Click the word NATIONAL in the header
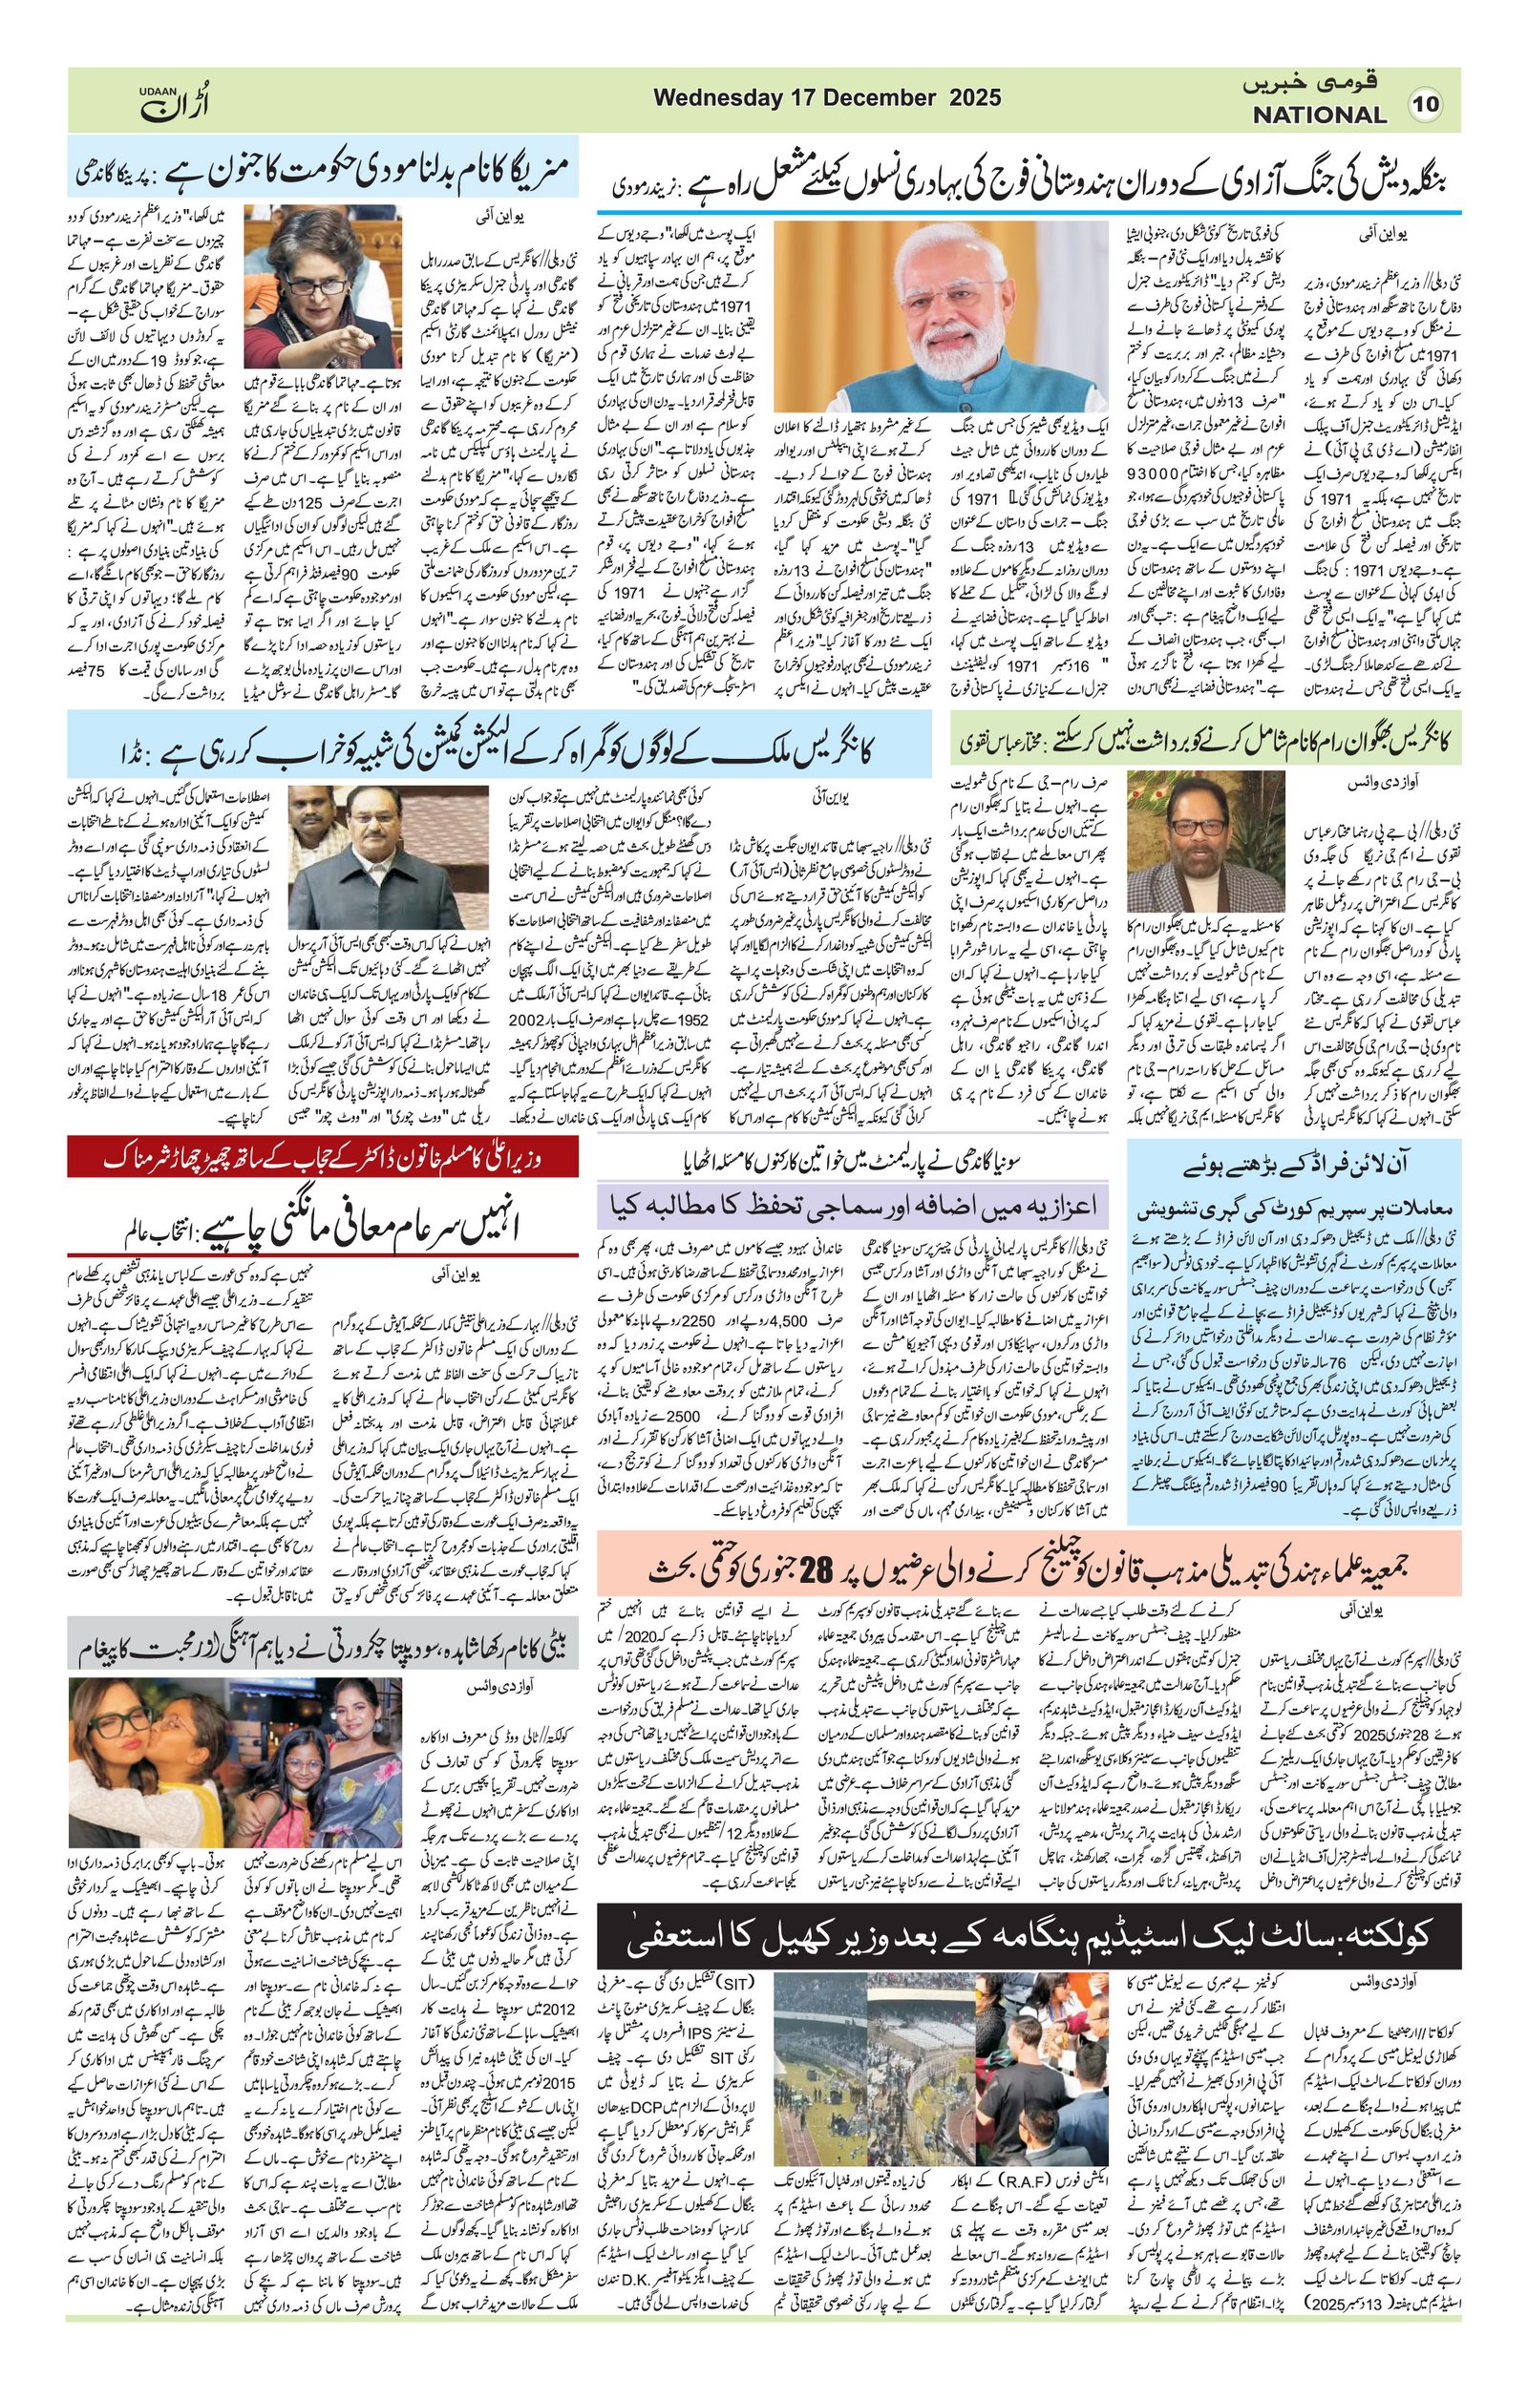[1319, 115]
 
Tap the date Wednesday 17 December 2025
[826, 98]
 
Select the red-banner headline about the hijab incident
[322, 1157]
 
